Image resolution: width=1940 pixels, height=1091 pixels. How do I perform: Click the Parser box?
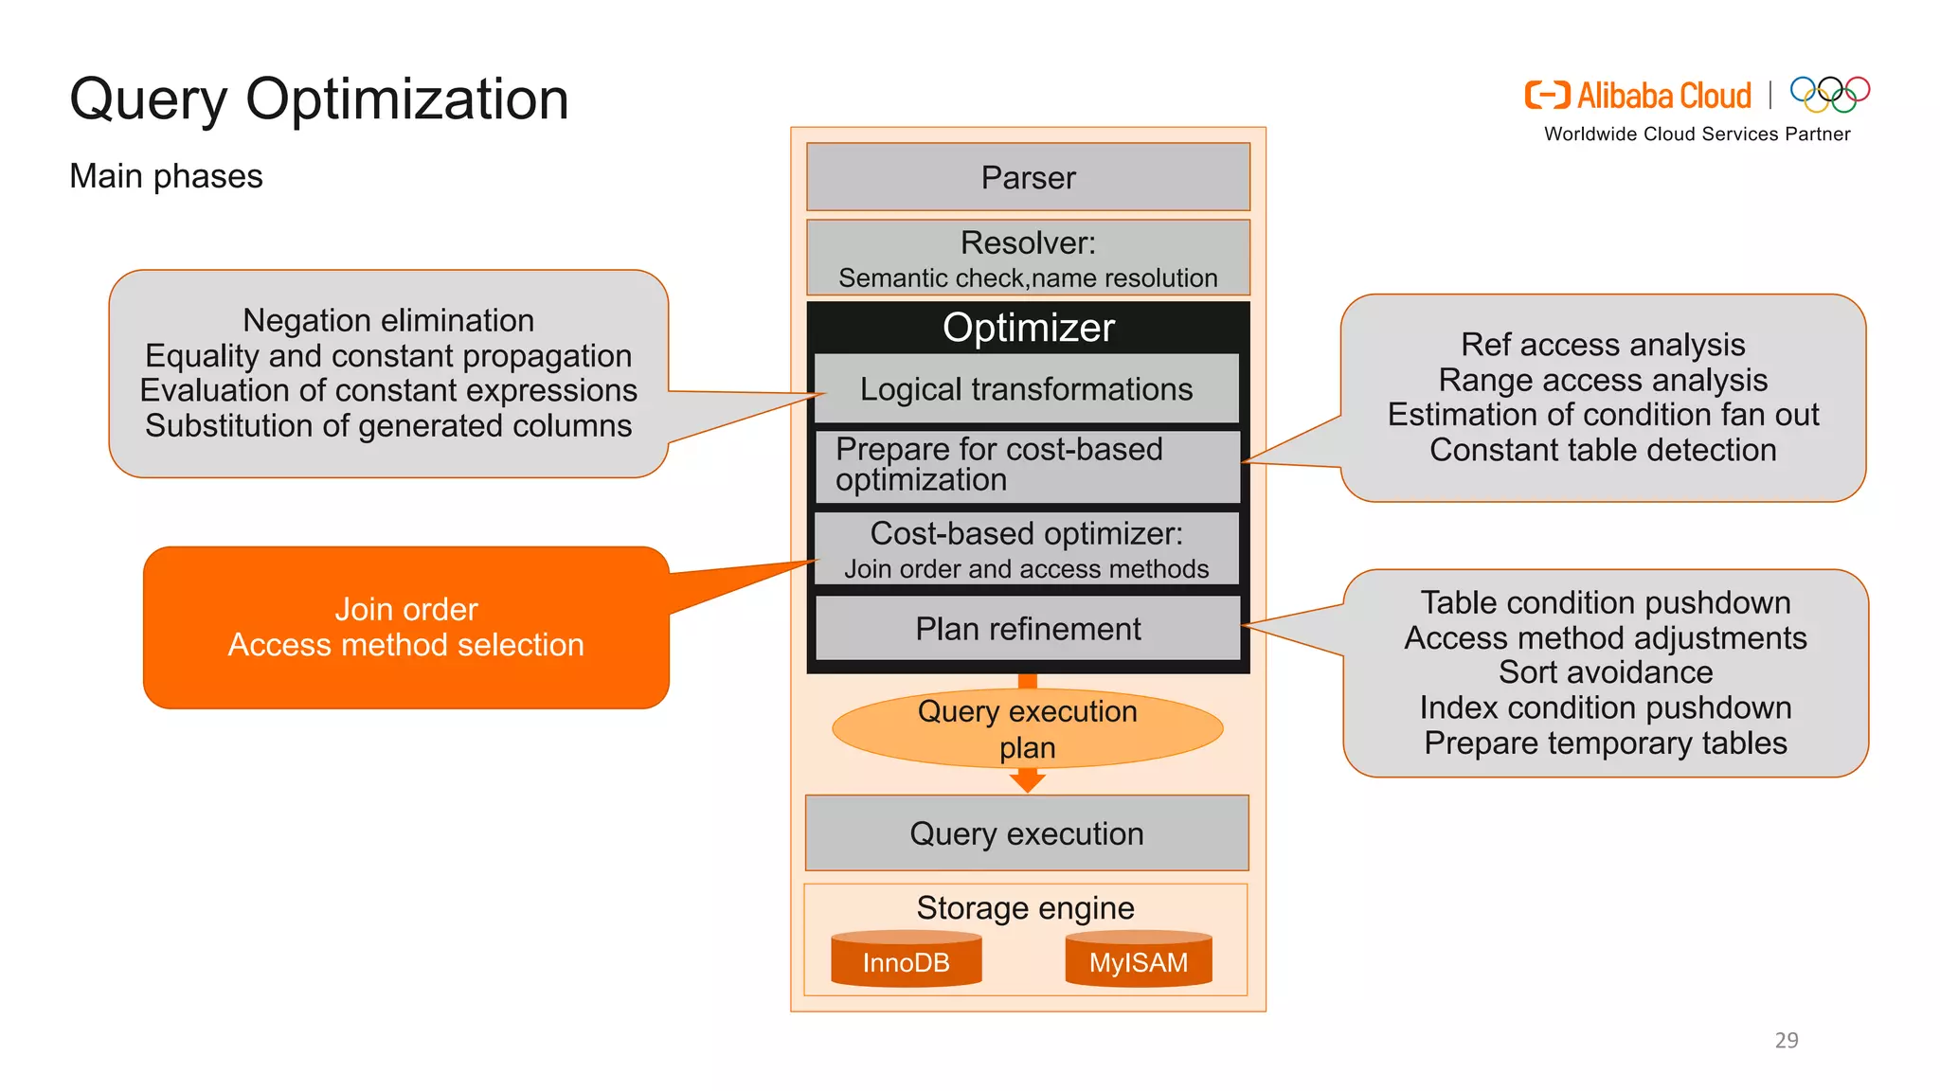1028,177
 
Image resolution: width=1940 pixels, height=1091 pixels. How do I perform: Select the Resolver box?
1028,258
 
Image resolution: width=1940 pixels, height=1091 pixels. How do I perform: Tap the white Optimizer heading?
1028,328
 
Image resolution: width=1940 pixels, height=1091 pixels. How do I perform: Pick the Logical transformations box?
1026,389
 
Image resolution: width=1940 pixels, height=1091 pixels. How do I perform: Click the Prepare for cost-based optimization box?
1026,465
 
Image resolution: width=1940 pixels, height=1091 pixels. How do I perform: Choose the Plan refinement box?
1028,629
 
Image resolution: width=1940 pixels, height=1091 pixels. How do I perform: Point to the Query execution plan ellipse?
1028,728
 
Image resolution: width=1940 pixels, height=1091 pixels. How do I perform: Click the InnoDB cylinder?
906,960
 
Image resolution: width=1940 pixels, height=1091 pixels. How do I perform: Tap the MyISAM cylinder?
1138,960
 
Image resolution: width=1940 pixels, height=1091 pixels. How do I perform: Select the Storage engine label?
1025,907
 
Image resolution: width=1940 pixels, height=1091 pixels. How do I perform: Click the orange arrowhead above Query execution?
1028,780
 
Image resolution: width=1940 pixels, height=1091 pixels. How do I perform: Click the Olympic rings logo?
1829,94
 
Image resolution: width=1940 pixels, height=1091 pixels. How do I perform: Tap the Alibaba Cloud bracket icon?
1547,96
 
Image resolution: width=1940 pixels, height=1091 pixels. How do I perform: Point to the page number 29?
1786,1040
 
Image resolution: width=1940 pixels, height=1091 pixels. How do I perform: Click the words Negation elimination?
388,320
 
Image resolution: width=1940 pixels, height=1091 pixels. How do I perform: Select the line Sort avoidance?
1606,672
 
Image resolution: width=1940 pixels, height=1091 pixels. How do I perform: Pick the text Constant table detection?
1603,450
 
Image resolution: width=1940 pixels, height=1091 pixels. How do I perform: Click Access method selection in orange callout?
405,645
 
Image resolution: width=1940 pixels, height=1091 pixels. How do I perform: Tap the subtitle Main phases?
166,176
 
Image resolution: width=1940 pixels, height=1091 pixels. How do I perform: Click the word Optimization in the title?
406,98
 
